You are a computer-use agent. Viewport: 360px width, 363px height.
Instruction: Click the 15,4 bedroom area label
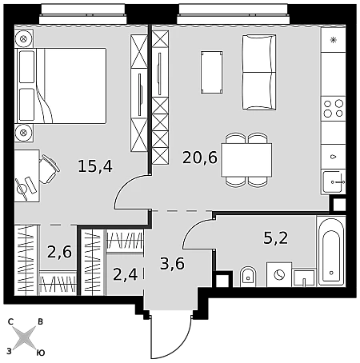click(x=95, y=166)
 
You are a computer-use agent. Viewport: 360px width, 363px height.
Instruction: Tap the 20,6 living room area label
click(x=200, y=158)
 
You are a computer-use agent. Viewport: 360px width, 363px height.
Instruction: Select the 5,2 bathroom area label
click(x=276, y=237)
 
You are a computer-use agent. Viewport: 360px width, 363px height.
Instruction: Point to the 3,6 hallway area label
click(x=173, y=264)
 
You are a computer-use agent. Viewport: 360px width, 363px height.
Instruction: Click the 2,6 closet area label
click(x=59, y=252)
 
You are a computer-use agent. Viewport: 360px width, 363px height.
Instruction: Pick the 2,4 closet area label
click(x=126, y=274)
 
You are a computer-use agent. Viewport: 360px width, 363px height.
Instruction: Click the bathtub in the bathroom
click(x=331, y=251)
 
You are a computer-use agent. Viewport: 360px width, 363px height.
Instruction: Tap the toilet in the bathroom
click(x=248, y=277)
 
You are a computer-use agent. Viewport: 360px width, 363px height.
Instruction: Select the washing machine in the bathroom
click(x=279, y=274)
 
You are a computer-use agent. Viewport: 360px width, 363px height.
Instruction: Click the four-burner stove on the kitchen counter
click(x=334, y=108)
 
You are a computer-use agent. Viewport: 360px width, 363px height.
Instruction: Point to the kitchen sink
click(x=334, y=182)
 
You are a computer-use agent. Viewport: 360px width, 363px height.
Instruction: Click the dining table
click(x=246, y=160)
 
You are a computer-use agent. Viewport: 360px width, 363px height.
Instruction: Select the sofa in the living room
click(x=259, y=72)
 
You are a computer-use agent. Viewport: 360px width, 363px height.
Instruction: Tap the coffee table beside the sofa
click(x=212, y=72)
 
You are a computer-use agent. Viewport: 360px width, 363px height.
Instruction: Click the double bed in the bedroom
click(x=62, y=86)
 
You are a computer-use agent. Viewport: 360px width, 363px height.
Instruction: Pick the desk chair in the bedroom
click(x=49, y=170)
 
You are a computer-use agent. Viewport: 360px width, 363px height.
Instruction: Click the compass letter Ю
click(x=40, y=353)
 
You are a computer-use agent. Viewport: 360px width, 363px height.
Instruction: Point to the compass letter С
click(x=10, y=322)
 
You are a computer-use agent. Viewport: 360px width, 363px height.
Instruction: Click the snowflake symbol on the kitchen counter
click(x=333, y=40)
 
